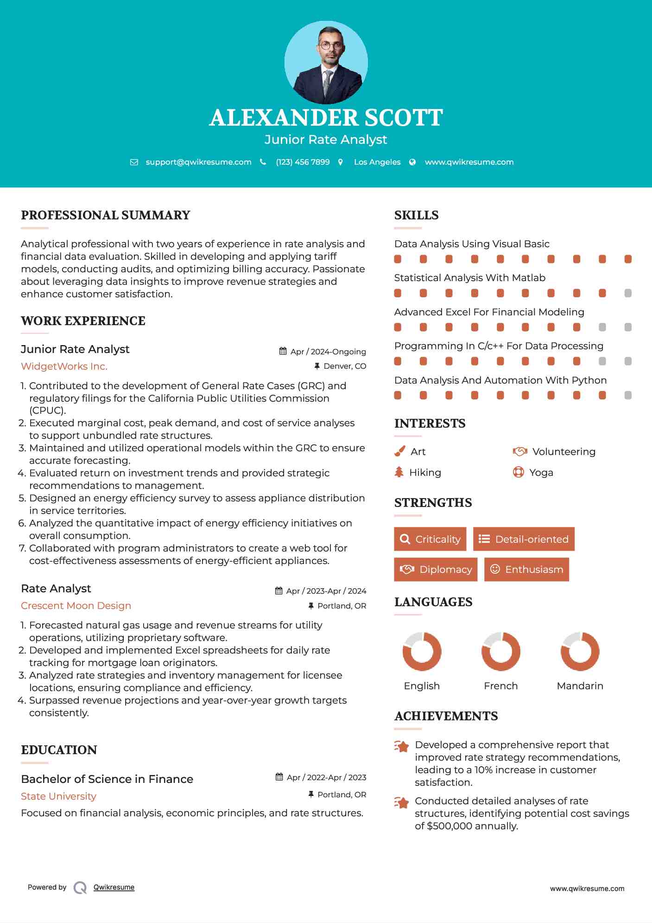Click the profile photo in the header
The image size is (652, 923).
coord(326,62)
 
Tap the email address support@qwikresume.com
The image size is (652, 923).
coord(198,162)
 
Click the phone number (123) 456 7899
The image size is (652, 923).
coord(303,162)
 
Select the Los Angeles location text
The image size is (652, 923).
coord(377,162)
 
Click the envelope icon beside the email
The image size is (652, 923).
coord(134,162)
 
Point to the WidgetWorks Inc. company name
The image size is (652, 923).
coord(64,366)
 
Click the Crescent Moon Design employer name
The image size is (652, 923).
coord(76,606)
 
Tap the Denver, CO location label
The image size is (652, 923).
coord(344,366)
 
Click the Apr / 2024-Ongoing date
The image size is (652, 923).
coord(328,352)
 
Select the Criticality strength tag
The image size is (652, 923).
coord(430,539)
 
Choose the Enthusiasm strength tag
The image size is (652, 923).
coord(526,569)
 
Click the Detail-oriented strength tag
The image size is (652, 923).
coord(524,539)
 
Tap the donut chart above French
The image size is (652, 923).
coord(500,651)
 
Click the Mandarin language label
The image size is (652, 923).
coord(580,686)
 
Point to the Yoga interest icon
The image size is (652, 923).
coord(518,472)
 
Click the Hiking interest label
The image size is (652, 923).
coord(425,472)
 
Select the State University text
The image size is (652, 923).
coord(58,796)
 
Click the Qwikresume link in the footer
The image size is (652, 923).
coord(114,887)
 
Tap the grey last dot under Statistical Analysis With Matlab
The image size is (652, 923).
coord(628,293)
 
